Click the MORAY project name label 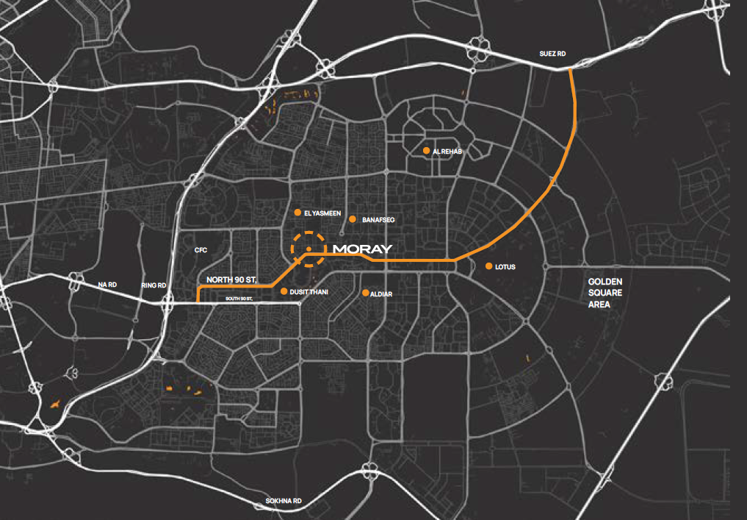[x=363, y=249]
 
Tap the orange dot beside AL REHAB [x=426, y=151]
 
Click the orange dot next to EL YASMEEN [x=297, y=213]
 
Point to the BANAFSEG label [x=379, y=220]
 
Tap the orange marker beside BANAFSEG [x=353, y=219]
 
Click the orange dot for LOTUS [x=488, y=266]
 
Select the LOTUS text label [x=505, y=267]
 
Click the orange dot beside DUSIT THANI [x=284, y=292]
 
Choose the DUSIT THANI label [x=309, y=293]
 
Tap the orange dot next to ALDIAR [x=365, y=293]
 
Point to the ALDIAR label [x=382, y=293]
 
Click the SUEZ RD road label [x=553, y=54]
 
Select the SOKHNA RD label [x=284, y=502]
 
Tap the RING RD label [x=154, y=285]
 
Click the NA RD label [x=108, y=284]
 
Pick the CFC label [x=201, y=250]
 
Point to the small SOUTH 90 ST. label [x=239, y=299]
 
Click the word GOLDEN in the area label [x=605, y=282]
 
